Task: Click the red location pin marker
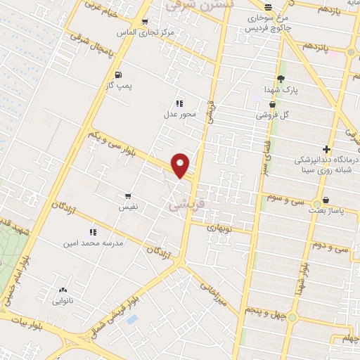(181, 165)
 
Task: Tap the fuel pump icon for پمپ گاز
(117, 74)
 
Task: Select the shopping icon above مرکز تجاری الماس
(145, 22)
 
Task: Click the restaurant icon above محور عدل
(179, 103)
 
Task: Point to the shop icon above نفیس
(127, 195)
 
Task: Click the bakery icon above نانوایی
(63, 290)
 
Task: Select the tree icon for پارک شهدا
(281, 79)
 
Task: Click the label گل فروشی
(275, 114)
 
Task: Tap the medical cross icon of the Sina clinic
(326, 149)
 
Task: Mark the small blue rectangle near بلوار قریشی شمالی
(131, 320)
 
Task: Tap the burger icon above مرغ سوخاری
(268, 7)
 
